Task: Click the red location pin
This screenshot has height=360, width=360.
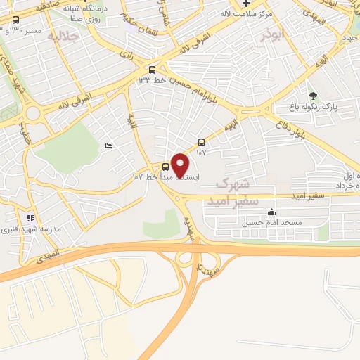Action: pos(181,165)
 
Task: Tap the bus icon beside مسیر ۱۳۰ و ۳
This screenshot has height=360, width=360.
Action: pos(16,20)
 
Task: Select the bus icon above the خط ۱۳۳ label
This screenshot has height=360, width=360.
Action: pos(153,69)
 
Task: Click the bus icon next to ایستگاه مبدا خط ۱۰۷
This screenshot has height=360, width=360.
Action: pos(165,167)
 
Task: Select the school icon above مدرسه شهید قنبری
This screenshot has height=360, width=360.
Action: pos(30,219)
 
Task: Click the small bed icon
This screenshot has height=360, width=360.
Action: pos(108,146)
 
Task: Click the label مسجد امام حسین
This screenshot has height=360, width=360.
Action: pos(272,224)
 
